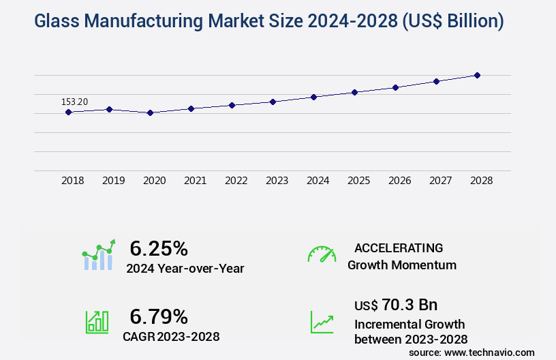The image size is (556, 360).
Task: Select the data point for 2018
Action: [68, 112]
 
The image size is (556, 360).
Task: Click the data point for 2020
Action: [150, 112]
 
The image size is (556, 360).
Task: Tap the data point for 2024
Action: [313, 97]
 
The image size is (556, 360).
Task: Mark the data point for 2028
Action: [477, 75]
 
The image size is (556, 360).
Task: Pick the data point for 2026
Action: [395, 87]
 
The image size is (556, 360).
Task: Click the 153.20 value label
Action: [74, 102]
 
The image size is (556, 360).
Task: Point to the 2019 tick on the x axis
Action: [113, 181]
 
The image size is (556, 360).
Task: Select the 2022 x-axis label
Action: [236, 181]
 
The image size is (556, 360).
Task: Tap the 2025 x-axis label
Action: [358, 181]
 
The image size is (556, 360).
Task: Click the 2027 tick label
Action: [440, 181]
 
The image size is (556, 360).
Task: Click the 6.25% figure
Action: [158, 248]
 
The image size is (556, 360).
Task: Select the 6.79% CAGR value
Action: [158, 316]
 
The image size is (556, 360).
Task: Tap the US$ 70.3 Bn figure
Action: [396, 304]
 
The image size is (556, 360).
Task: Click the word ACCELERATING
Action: [399, 247]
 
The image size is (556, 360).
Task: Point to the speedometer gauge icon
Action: [322, 254]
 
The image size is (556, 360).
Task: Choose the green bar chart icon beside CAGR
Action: [97, 322]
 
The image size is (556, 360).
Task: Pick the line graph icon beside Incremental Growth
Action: [322, 322]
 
